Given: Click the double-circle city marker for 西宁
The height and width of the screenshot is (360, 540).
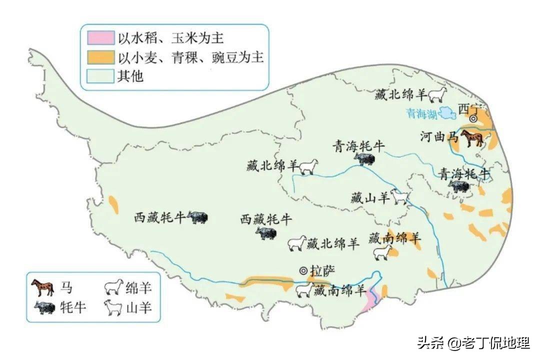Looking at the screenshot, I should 472,118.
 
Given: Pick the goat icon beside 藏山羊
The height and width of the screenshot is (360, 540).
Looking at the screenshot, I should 400,196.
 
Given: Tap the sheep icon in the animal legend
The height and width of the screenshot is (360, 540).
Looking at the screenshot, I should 113,287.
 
